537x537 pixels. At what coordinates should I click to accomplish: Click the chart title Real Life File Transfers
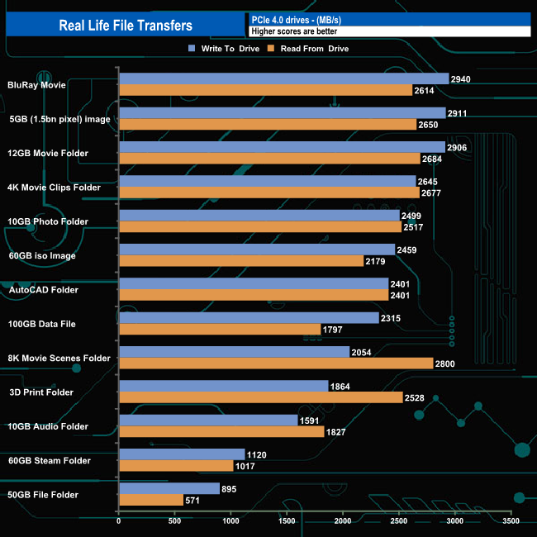[126, 26]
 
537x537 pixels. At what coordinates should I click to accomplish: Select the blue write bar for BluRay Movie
[283, 78]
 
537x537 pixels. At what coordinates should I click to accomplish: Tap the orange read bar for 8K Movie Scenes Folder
[276, 363]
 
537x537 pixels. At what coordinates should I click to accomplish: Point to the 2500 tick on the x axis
[399, 522]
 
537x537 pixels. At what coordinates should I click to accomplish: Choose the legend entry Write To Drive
[225, 49]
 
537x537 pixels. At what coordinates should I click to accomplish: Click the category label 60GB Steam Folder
[54, 460]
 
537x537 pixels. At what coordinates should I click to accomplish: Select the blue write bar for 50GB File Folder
[169, 488]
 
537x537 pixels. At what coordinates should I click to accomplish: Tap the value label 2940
[462, 78]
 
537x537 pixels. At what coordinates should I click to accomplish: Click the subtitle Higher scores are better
[294, 31]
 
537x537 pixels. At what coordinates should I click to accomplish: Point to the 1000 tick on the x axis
[231, 522]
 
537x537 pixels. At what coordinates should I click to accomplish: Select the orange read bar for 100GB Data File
[220, 329]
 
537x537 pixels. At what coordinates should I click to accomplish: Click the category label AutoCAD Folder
[54, 290]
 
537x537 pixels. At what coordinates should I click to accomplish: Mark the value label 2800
[446, 363]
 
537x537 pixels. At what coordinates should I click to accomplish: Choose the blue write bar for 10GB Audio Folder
[208, 420]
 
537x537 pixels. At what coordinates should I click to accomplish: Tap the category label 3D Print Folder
[55, 392]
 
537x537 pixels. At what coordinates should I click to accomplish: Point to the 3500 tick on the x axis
[511, 522]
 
